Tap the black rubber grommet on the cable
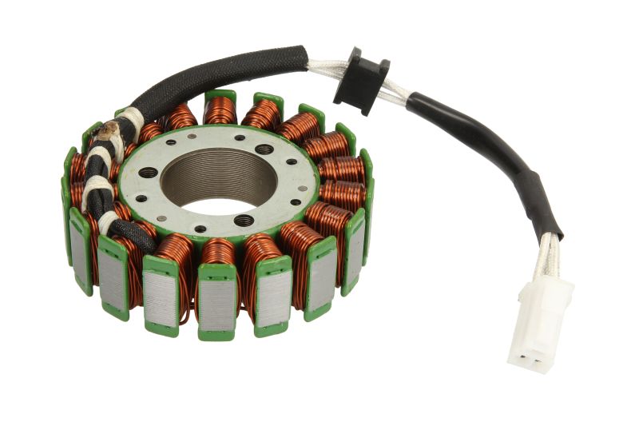360,81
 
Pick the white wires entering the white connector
548,254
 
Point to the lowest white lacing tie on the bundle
106,221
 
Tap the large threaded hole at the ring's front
244,221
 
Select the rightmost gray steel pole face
355,244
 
